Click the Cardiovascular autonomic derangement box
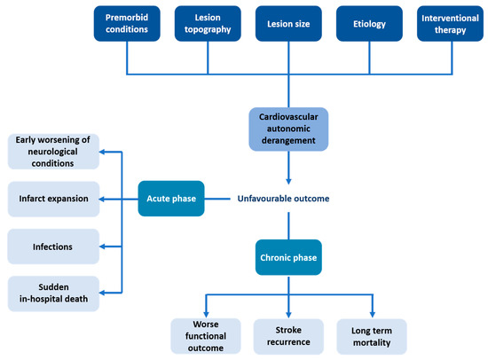[x=288, y=128]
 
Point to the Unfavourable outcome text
[x=283, y=199]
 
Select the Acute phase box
[x=171, y=199]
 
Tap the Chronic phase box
[x=288, y=260]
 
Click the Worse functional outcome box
[x=207, y=336]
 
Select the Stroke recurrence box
[x=289, y=336]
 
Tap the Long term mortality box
[x=372, y=336]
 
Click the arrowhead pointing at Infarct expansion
[x=100, y=199]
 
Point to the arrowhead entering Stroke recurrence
[x=289, y=313]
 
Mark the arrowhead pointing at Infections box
[x=100, y=247]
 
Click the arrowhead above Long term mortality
[x=372, y=313]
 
